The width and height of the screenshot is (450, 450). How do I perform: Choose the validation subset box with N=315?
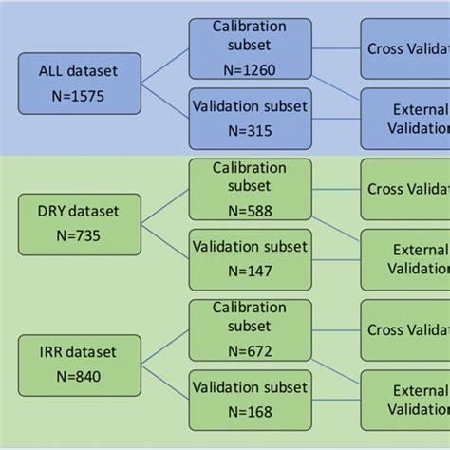[250, 117]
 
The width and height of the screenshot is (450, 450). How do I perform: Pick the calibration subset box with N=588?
[250, 189]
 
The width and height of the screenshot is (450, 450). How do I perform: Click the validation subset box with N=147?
[250, 257]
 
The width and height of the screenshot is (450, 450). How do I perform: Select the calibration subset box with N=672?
[250, 328]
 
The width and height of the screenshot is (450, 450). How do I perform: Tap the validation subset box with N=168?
[250, 399]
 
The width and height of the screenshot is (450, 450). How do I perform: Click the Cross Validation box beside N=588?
[405, 188]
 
